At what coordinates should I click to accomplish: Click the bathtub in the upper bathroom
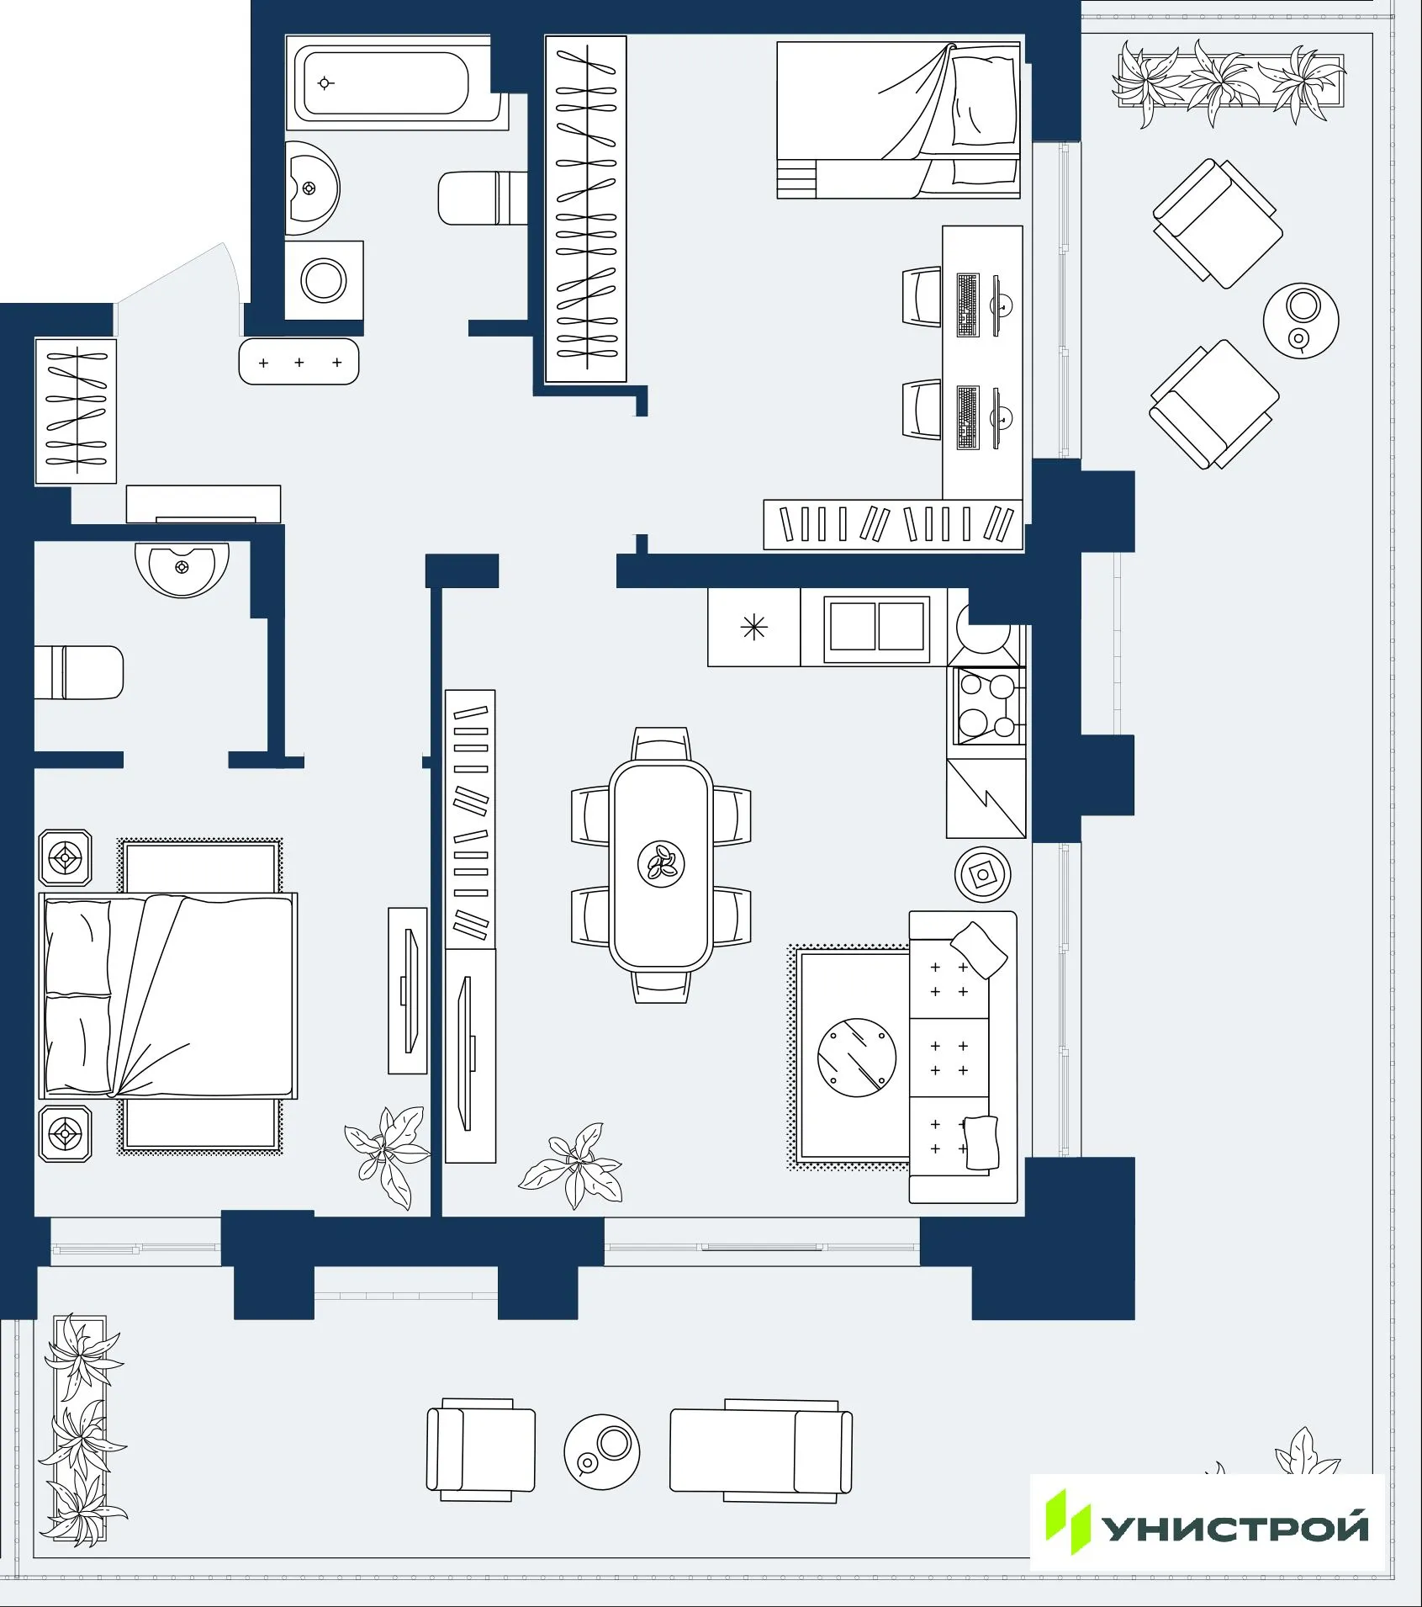click(387, 83)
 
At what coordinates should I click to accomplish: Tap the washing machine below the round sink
click(324, 280)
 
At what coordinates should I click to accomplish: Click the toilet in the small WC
click(80, 672)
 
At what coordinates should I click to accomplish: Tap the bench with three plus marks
click(299, 362)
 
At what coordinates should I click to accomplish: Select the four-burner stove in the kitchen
click(987, 706)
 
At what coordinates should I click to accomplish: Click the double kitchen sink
click(876, 626)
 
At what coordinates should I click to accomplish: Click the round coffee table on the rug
click(856, 1058)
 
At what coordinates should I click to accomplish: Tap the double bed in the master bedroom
click(168, 997)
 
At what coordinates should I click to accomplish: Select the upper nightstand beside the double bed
click(66, 858)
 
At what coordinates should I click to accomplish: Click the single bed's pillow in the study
click(984, 101)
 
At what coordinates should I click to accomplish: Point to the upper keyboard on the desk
click(968, 305)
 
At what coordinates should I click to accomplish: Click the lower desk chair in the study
click(922, 410)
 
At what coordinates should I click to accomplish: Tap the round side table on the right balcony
click(1301, 321)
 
